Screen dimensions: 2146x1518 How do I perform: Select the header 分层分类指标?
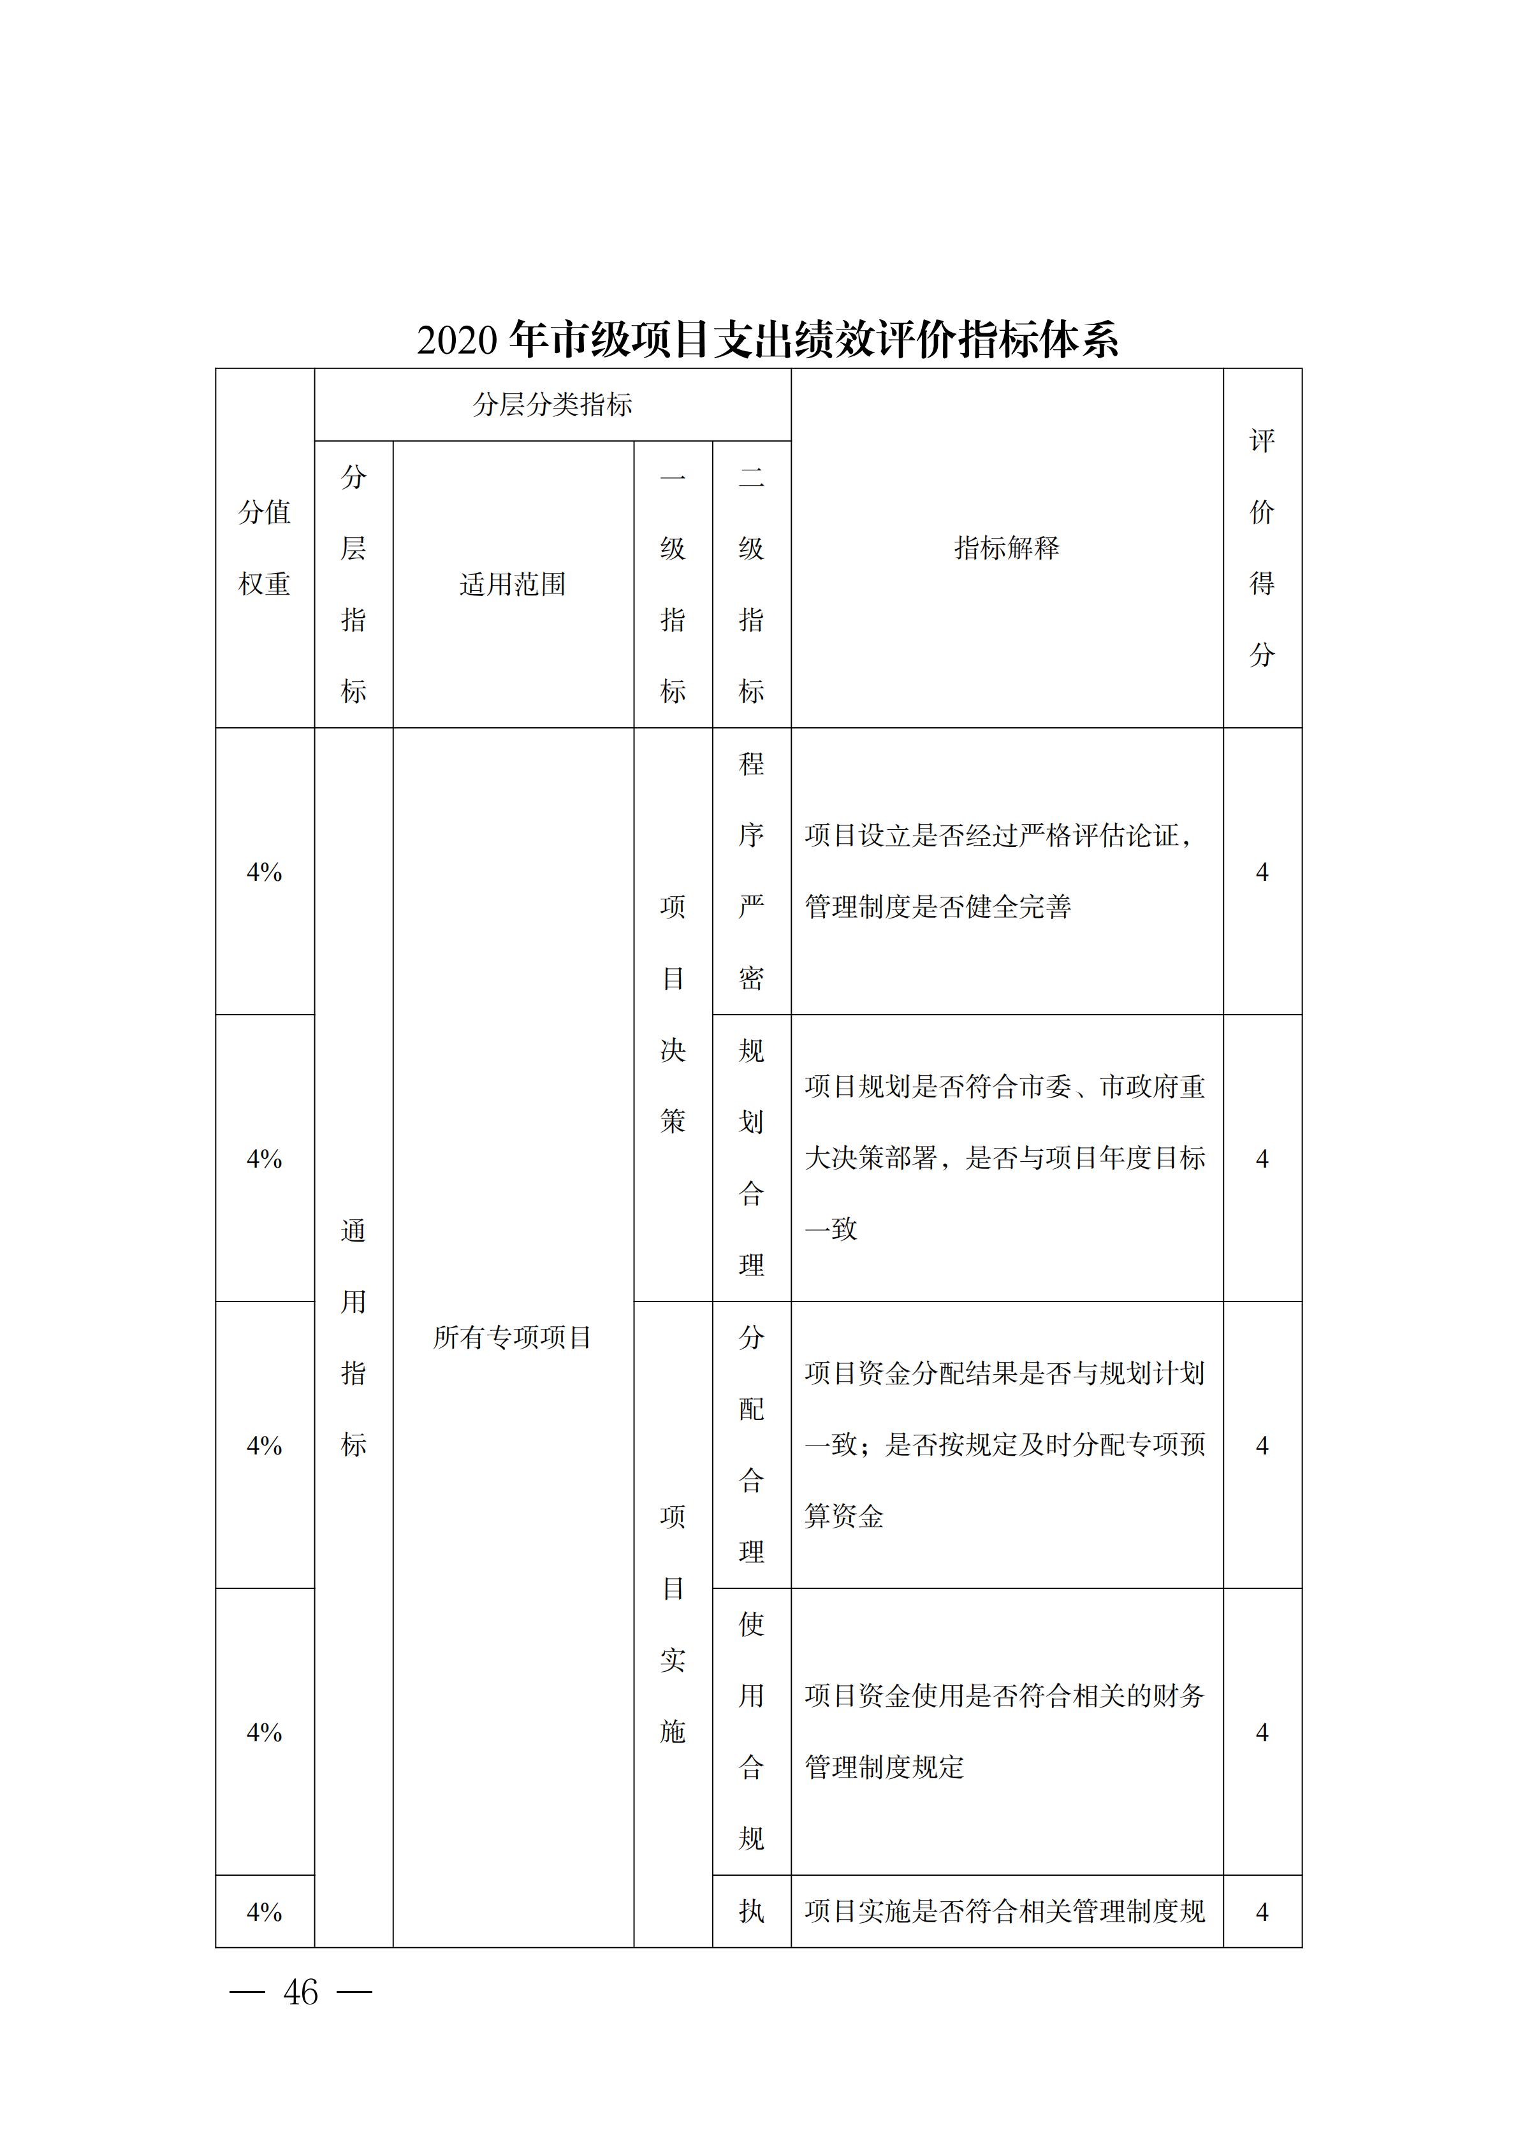click(552, 405)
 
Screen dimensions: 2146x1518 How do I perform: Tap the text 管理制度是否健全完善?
click(938, 906)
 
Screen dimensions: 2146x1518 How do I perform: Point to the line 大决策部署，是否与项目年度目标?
click(1005, 1158)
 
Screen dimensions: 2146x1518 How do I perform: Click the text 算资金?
click(844, 1516)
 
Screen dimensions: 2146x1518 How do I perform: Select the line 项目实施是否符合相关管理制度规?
click(1005, 1911)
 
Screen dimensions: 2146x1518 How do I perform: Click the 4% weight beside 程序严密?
click(265, 872)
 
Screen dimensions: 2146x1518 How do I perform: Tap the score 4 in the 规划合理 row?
click(1262, 1159)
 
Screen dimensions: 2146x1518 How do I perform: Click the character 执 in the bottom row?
click(752, 1911)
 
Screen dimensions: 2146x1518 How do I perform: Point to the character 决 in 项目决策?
click(673, 1050)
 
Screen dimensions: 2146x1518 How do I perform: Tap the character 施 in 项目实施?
click(673, 1732)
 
